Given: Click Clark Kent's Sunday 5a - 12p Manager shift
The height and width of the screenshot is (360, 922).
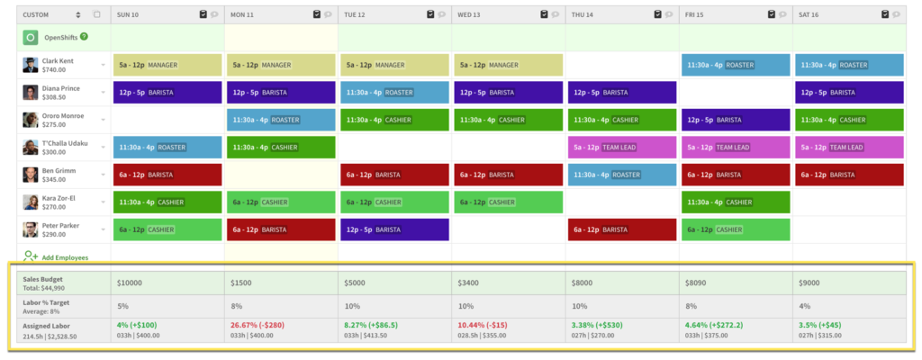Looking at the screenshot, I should coord(167,65).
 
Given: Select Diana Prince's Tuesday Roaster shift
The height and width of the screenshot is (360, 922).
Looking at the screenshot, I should coord(394,92).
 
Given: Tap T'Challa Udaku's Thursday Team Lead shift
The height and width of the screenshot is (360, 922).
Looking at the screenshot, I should coord(621,147).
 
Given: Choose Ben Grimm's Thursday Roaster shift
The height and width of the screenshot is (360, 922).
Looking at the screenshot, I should coord(621,175).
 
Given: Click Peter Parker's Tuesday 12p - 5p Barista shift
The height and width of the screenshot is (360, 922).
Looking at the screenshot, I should coord(394,229).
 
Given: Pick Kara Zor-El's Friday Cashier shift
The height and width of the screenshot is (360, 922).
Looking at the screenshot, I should coord(735,202).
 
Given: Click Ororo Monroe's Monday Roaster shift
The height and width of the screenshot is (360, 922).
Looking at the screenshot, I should coord(281,120).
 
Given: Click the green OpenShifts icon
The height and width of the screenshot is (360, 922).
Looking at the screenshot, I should coord(30,38).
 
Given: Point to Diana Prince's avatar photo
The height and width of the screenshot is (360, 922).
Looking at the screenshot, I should coord(30,93).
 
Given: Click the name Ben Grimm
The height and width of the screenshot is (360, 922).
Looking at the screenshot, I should coord(60,170).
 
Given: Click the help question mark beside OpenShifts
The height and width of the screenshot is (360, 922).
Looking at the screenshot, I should coord(84,37).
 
